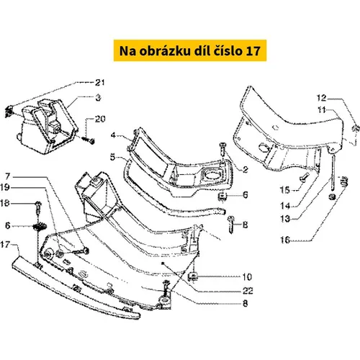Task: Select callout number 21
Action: coord(100,83)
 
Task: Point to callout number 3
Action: coord(98,98)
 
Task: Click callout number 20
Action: coord(100,119)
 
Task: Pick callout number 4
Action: coord(113,135)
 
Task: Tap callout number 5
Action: coord(113,158)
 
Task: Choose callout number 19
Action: coord(5,187)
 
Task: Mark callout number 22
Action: coord(248,291)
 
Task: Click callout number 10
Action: coord(247,277)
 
